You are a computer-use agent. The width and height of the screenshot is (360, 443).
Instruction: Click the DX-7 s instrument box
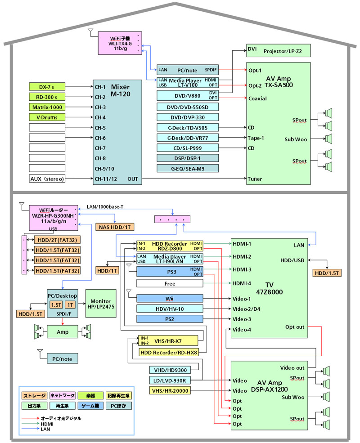[47, 86]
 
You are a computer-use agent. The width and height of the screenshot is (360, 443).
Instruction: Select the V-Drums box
[47, 117]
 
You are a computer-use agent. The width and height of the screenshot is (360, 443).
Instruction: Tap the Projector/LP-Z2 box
[278, 50]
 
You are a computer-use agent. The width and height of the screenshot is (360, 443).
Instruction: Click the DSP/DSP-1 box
[188, 158]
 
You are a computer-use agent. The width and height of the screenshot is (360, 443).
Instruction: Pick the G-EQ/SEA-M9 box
[188, 169]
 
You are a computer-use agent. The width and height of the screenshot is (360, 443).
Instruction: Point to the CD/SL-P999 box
[188, 148]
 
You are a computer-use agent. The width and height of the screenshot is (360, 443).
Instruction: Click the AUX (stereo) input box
[47, 179]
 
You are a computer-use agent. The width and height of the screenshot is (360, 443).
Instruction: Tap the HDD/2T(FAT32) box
[58, 240]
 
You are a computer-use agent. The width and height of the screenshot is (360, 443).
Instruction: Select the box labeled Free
[170, 283]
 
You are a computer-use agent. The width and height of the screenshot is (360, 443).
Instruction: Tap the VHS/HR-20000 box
[170, 390]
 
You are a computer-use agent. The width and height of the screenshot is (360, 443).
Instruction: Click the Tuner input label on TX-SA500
[255, 179]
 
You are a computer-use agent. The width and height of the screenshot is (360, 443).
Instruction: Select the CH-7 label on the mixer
[99, 148]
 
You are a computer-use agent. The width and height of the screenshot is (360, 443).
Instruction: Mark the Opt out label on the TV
[295, 327]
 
